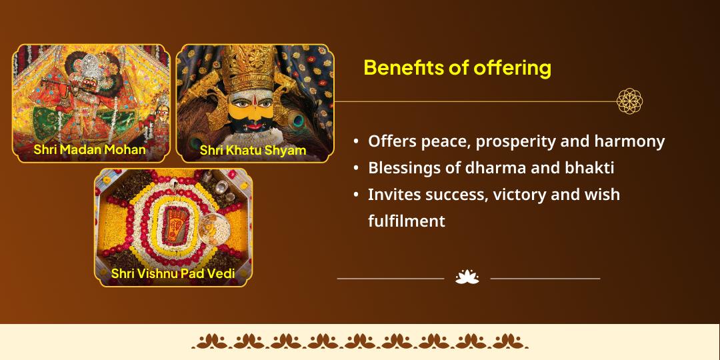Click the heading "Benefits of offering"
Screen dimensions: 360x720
point(457,68)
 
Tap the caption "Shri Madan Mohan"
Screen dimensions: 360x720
point(89,149)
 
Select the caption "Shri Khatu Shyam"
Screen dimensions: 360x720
point(253,150)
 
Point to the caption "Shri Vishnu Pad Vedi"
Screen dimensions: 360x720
point(173,273)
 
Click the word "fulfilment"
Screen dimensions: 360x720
point(407,221)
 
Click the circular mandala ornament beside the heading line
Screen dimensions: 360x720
point(629,101)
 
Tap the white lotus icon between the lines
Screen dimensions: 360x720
point(467,277)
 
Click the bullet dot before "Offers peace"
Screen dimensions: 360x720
point(357,142)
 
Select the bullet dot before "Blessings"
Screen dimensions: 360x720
point(357,169)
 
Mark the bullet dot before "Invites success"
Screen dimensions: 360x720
point(357,195)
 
